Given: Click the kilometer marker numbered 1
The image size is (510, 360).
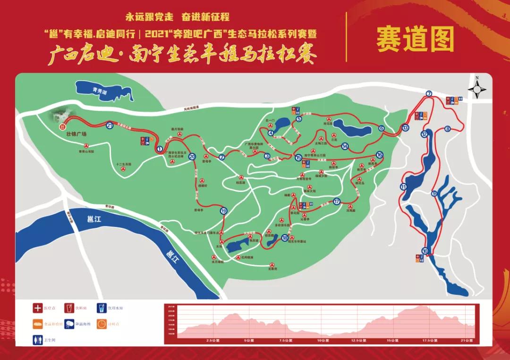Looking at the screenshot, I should pos(160,150).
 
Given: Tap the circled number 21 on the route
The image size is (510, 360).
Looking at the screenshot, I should pos(110,126).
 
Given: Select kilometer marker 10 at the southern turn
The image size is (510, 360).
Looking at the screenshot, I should pos(425,251).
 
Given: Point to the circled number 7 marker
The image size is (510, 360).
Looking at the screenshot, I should pos(429,93).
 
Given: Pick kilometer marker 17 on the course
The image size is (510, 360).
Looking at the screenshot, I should pos(337,201).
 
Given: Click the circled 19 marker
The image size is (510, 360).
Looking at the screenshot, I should pos(223,211).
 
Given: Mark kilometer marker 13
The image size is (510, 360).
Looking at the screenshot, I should pos(405,128).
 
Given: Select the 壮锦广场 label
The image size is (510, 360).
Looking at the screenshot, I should pos(76,134).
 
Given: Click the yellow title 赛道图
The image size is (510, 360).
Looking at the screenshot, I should pos(415,39).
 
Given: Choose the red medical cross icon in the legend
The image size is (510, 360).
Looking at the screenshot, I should pos(37,308).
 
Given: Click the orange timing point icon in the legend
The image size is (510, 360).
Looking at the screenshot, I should pos(102,324).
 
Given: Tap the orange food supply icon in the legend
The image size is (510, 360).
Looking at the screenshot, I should pos(37,324).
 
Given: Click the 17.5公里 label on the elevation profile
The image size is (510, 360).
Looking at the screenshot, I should pos(428,340).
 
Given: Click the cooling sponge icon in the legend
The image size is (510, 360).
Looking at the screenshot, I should pos(70,324).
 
